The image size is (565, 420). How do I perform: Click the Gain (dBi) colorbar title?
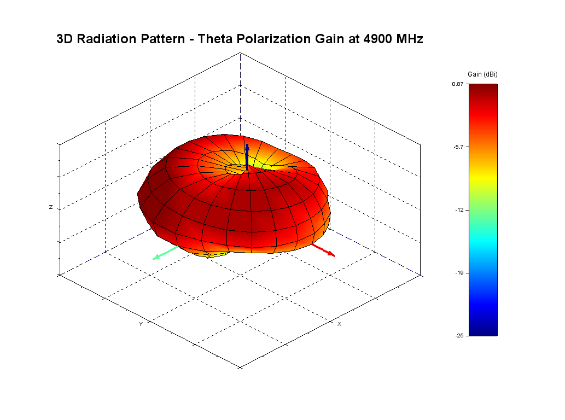coord(482,74)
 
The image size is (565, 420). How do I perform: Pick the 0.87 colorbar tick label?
coord(458,84)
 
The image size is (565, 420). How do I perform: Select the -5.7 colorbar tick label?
coord(459,147)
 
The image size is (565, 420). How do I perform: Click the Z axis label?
coord(51,208)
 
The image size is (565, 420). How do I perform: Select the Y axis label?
coord(141,324)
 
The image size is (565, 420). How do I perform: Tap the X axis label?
coord(339,324)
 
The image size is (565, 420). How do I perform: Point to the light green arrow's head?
coord(155,258)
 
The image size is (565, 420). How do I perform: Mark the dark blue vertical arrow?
coord(247,156)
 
